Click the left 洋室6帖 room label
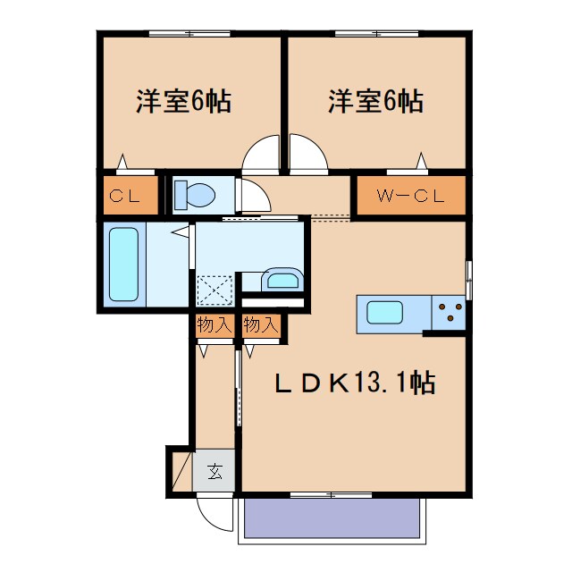tap(184, 101)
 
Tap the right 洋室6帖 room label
tap(375, 101)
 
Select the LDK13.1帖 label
tap(354, 383)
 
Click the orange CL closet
tap(125, 196)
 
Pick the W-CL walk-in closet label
tap(411, 196)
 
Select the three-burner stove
tap(449, 312)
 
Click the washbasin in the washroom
tap(282, 281)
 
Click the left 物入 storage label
tap(214, 325)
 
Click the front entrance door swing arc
tap(214, 513)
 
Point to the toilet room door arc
tap(250, 195)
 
